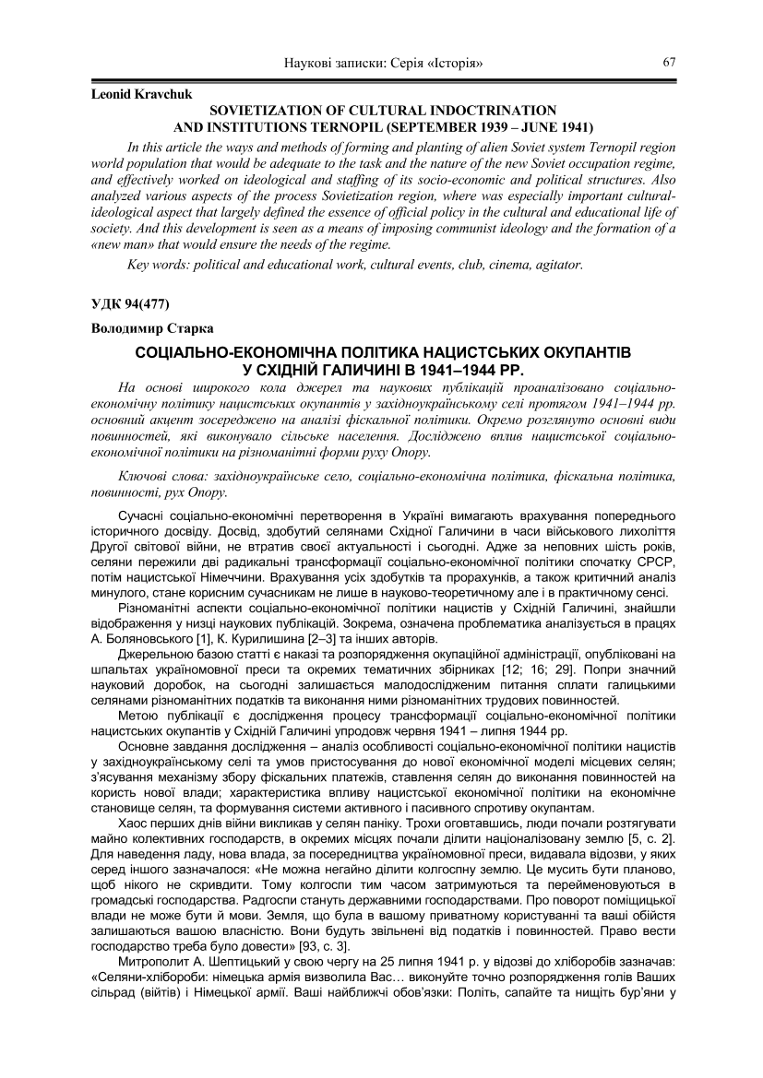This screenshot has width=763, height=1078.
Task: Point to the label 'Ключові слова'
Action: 164,475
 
